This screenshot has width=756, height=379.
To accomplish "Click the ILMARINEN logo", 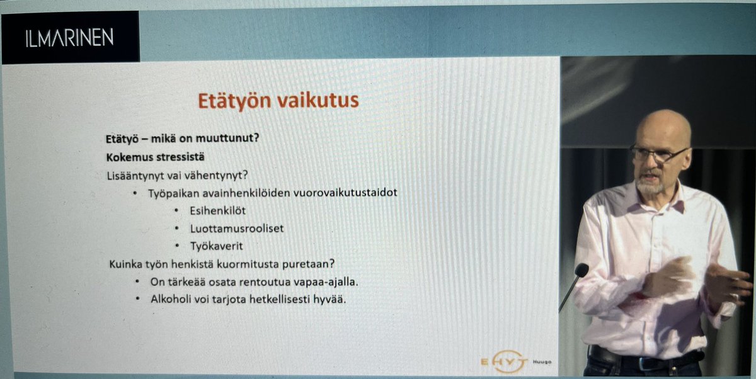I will coord(69,38).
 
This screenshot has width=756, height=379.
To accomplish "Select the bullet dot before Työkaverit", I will coord(177,246).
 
